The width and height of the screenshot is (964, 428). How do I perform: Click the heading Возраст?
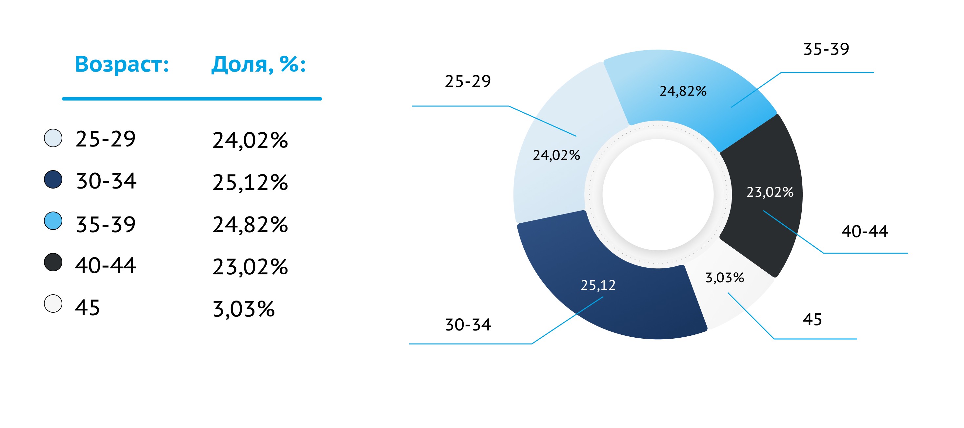122,64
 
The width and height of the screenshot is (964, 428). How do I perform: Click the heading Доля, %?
259,64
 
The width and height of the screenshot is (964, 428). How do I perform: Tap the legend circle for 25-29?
53,138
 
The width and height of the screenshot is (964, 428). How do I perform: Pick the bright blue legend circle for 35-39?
53,221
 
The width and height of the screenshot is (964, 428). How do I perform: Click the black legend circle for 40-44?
53,262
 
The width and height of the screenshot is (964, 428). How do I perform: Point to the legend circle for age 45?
53,304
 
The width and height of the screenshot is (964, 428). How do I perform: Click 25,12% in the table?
250,183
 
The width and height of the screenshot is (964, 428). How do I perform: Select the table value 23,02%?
250,267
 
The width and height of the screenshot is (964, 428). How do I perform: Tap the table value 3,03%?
244,309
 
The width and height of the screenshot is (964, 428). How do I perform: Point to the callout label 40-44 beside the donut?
864,231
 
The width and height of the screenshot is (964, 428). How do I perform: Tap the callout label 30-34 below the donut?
468,325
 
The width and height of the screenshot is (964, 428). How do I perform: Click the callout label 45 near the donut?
812,320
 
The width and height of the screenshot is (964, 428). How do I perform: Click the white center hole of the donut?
658,194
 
